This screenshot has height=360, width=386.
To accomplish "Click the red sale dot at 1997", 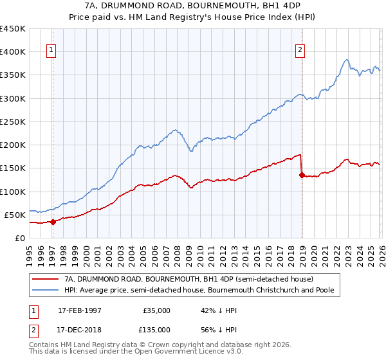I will point(53,222).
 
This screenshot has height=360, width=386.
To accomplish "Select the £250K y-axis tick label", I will point(13,122).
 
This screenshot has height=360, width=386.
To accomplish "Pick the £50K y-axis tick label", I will point(15,215).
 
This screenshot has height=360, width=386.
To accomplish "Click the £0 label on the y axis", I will point(20,238).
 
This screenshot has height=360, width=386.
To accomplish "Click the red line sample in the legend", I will point(46,280).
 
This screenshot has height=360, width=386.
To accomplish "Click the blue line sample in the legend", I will point(46,291).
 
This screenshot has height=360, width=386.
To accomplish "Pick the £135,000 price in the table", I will point(156,329).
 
